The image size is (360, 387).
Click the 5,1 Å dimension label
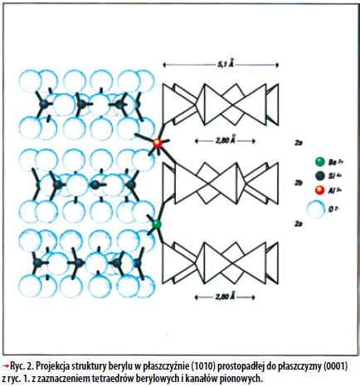(226, 65)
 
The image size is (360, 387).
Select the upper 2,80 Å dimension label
(226, 140)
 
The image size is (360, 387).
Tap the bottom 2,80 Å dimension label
(226, 297)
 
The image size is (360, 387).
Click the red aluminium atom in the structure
(158, 143)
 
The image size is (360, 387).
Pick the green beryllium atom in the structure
(157, 224)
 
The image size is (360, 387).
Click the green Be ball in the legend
(319, 162)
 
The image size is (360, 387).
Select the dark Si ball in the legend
(319, 176)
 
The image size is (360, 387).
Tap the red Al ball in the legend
(319, 190)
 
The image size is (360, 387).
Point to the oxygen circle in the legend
(316, 209)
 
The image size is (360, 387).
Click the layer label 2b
(299, 183)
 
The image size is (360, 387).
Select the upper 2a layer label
(298, 143)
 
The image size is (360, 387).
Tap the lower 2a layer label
(298, 224)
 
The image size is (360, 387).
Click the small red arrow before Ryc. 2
(5, 366)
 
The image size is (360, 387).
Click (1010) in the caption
(205, 367)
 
